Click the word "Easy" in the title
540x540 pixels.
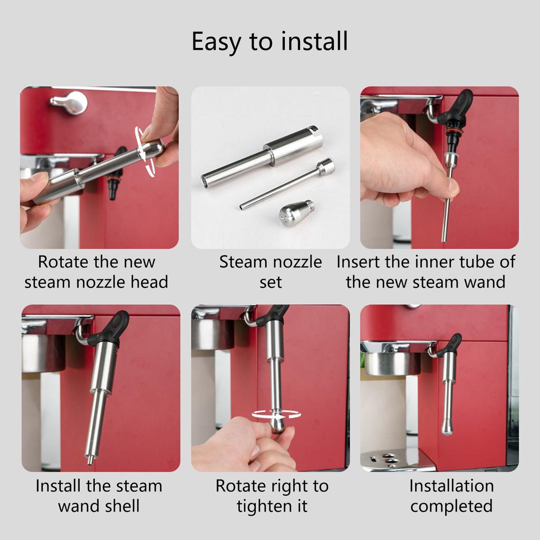(x=216, y=42)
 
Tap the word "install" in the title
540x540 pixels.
(x=314, y=41)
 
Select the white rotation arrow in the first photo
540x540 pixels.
(x=144, y=151)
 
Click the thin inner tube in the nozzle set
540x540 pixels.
(x=288, y=184)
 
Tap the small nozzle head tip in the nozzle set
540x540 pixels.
(x=296, y=213)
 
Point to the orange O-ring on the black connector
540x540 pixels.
(x=453, y=130)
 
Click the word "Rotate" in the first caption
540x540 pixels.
(x=64, y=262)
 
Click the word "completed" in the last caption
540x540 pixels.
(x=451, y=507)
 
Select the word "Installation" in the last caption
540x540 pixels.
(x=451, y=486)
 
